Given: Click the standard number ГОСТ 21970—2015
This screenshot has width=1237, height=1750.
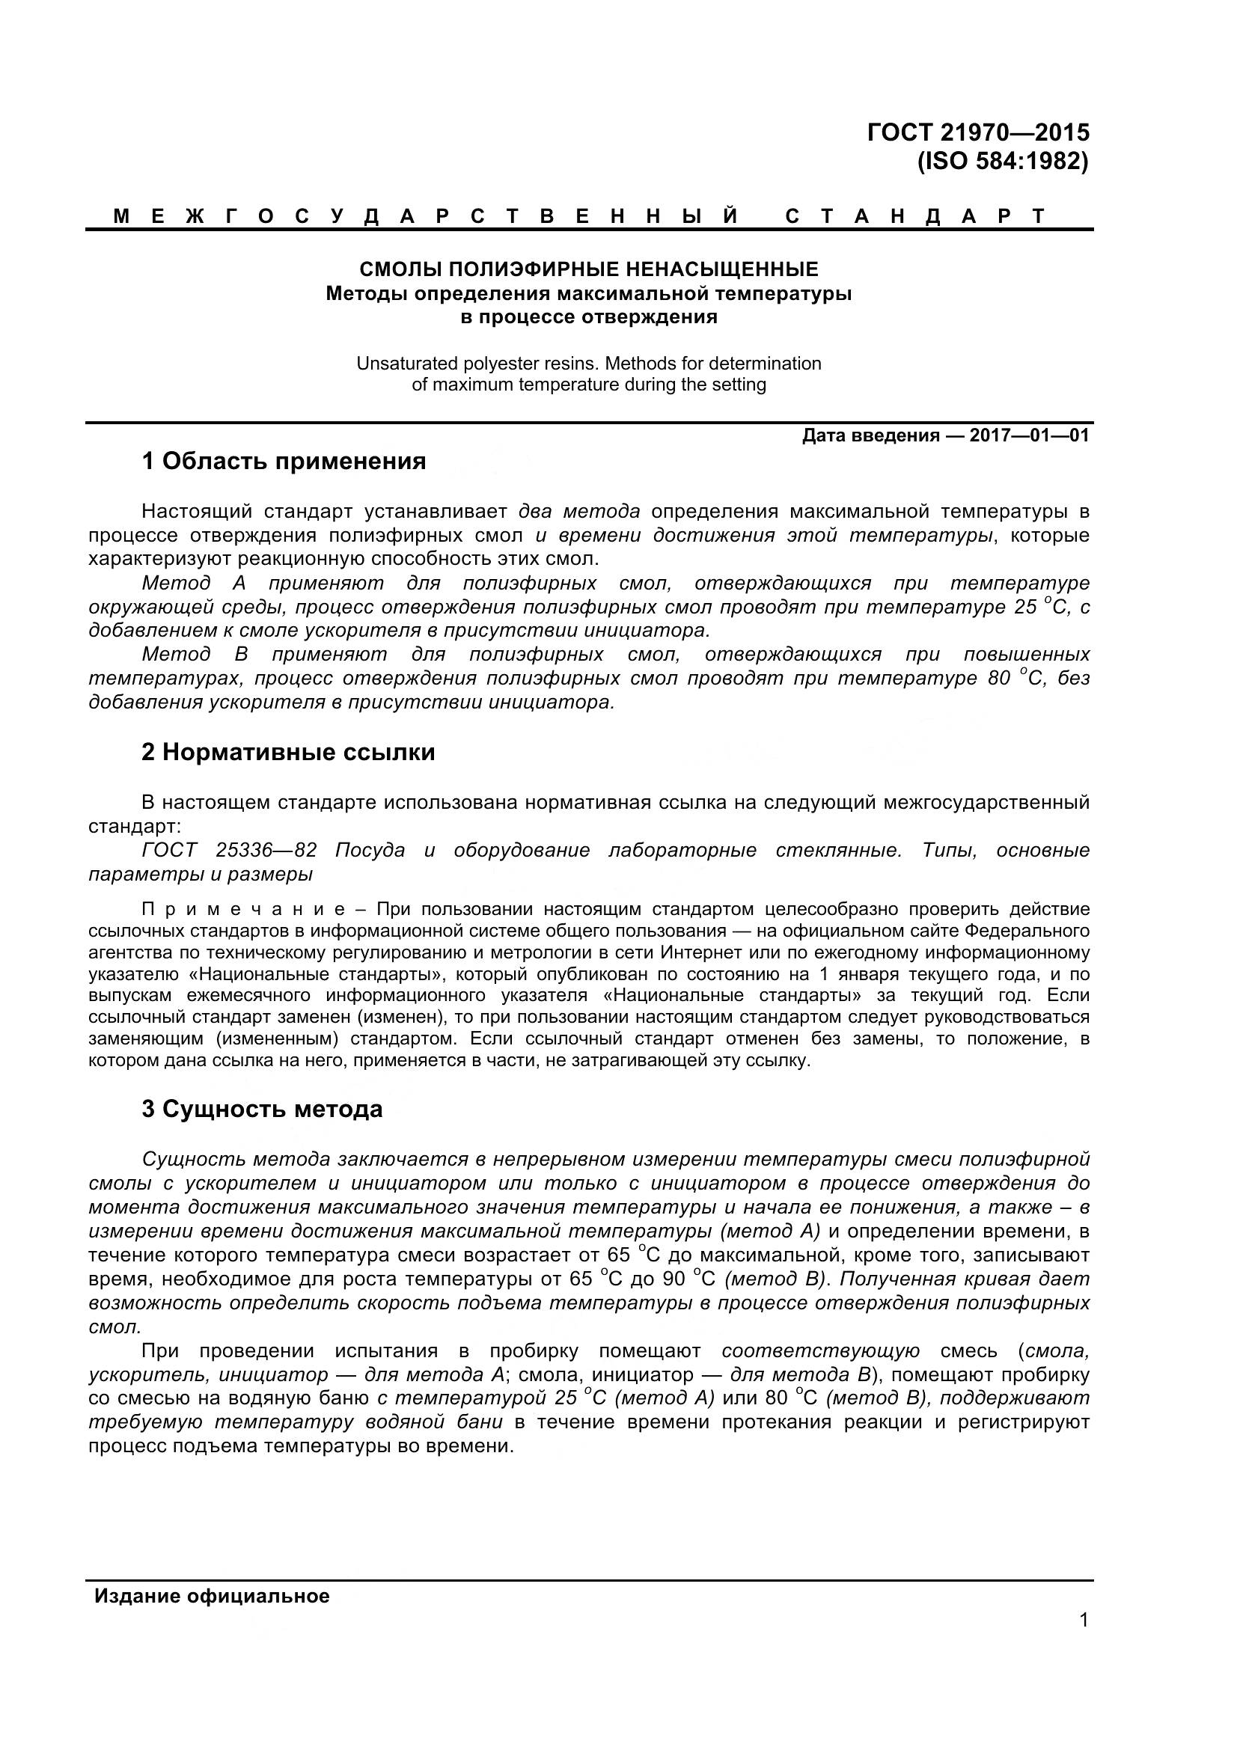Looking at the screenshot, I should tap(978, 132).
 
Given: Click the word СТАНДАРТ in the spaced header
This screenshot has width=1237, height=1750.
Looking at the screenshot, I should tap(915, 216).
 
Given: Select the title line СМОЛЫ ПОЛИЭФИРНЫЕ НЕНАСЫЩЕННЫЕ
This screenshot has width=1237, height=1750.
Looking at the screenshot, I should tap(588, 269).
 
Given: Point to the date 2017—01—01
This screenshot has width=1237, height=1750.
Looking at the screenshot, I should tap(1029, 436).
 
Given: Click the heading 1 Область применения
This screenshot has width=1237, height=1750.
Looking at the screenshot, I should tap(284, 461).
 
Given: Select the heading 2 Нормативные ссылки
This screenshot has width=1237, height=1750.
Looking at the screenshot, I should tap(288, 752).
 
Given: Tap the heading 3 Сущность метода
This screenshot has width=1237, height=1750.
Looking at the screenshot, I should tap(262, 1109).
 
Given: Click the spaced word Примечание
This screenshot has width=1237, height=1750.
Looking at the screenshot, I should tap(245, 909).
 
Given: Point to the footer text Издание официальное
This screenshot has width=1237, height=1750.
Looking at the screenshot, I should tap(212, 1596).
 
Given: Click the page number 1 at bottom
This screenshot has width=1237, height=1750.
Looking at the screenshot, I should tap(1084, 1641).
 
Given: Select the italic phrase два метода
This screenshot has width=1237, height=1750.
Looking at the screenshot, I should tap(579, 511).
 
